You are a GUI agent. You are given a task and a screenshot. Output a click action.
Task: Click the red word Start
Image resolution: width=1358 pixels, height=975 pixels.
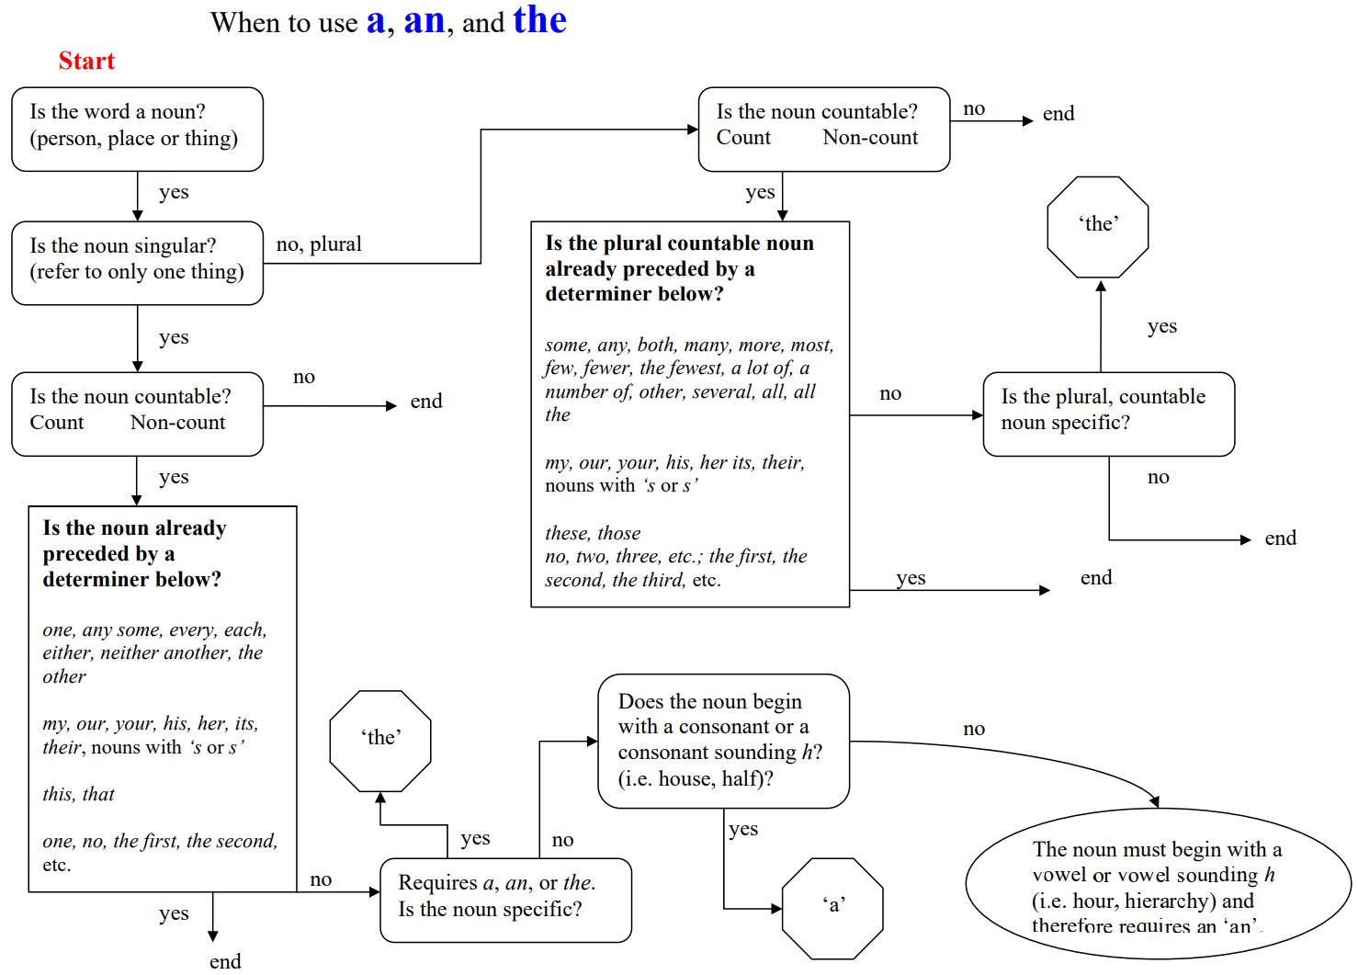click(x=86, y=61)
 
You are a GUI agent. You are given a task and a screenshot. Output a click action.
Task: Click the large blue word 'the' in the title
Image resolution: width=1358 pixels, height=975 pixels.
click(x=539, y=20)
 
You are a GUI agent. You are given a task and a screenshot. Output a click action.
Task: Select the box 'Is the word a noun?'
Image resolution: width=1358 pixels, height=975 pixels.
click(x=137, y=129)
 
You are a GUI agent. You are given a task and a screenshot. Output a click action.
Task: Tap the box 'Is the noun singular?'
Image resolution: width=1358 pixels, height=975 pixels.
click(x=137, y=263)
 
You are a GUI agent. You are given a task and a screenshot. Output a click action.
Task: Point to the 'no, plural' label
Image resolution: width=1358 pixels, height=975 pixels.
click(x=319, y=244)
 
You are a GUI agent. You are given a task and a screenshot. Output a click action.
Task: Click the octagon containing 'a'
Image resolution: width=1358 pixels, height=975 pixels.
click(x=832, y=908)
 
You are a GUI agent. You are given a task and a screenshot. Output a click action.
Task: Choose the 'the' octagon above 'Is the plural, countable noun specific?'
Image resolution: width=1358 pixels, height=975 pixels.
click(x=1098, y=226)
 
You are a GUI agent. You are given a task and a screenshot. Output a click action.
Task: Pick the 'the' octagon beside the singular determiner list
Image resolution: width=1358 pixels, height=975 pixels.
click(x=380, y=740)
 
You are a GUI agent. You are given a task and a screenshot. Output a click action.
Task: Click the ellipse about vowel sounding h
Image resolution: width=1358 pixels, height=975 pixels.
click(x=1157, y=885)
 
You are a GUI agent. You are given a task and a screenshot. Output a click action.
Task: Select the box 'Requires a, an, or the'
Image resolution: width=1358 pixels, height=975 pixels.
click(x=505, y=900)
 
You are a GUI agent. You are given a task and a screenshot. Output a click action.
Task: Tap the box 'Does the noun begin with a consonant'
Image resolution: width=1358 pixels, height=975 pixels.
click(x=723, y=741)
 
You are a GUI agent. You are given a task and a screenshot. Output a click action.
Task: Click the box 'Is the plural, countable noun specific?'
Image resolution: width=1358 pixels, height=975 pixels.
click(x=1108, y=414)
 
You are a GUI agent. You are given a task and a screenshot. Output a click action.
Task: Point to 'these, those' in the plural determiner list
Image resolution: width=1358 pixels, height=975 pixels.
click(x=593, y=533)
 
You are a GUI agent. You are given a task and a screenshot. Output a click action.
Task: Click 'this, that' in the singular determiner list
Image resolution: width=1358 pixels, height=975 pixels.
click(x=79, y=794)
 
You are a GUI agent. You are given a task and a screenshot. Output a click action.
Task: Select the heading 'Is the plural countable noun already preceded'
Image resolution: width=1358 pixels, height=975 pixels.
click(x=679, y=268)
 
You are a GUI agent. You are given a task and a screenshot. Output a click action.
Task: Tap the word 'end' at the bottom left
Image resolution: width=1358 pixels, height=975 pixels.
click(x=225, y=961)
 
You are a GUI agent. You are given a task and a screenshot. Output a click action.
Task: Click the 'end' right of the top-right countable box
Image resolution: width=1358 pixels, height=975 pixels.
click(x=1058, y=114)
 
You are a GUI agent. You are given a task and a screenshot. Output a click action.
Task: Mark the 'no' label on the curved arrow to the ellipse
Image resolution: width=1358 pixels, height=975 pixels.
click(x=974, y=729)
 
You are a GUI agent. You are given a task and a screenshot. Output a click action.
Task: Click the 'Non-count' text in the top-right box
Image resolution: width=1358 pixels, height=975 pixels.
click(x=870, y=138)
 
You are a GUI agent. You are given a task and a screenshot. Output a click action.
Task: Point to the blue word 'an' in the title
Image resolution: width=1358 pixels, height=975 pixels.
click(x=424, y=20)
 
